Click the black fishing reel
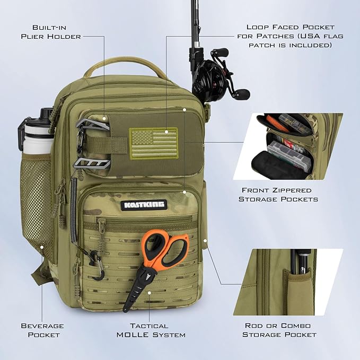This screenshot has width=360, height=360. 223,76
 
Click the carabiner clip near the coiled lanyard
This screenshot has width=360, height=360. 95,265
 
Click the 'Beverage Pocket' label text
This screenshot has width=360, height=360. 42,330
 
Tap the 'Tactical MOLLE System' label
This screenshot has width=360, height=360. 150,330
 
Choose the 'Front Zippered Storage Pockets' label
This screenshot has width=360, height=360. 278,194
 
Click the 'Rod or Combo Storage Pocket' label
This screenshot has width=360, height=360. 279,330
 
